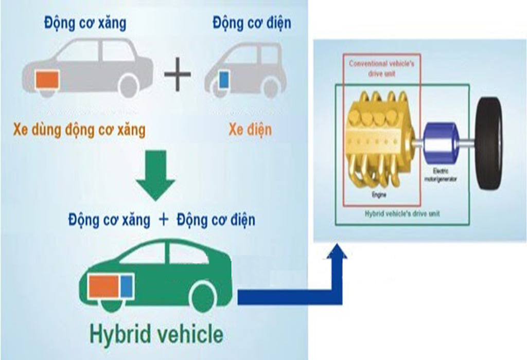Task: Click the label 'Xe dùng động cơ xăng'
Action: (79, 130)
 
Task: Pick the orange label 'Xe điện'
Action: (250, 130)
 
